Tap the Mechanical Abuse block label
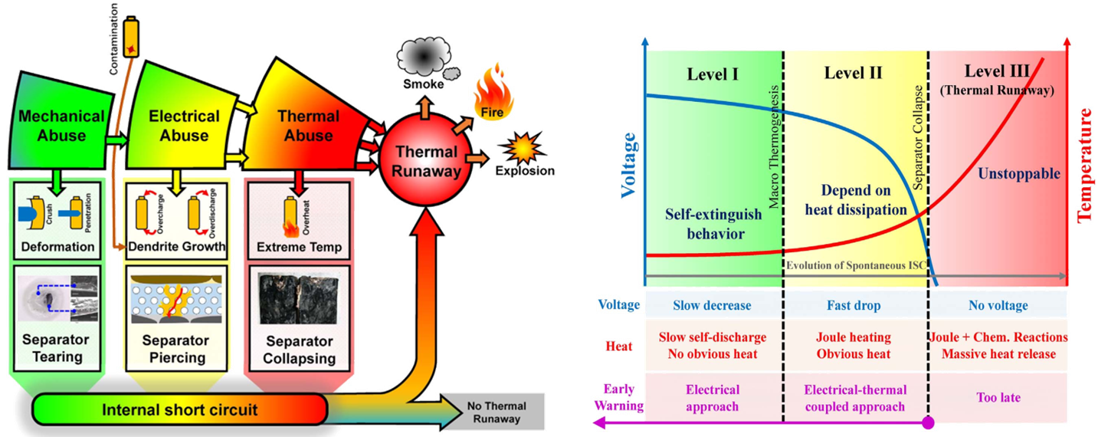point(61,126)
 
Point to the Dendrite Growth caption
point(177,247)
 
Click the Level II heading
point(853,73)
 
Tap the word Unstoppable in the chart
point(1019,174)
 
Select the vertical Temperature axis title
point(1086,165)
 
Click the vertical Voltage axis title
point(631,165)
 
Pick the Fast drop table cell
point(854,305)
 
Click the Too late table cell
point(998,397)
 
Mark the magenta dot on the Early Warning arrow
point(929,422)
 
